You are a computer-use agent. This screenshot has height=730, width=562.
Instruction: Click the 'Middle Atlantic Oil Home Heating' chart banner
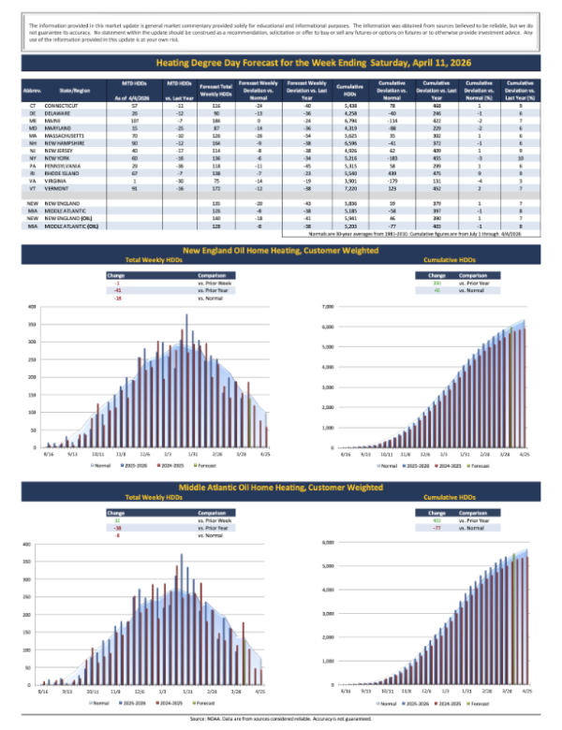coord(281,488)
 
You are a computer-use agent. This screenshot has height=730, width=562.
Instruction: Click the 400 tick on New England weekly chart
coord(33,307)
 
